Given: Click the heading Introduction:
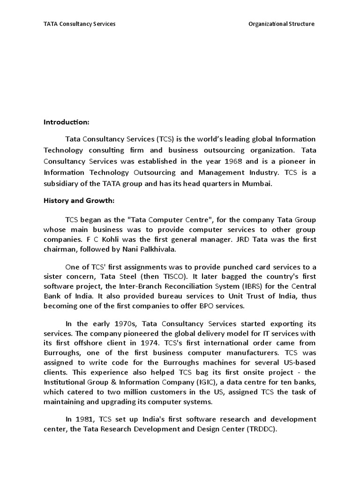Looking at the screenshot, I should pos(66,122).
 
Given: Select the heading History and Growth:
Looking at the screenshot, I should pos(79,201).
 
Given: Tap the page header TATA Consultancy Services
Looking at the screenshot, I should pos(79,24).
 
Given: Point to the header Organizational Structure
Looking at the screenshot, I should pos(282,24).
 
